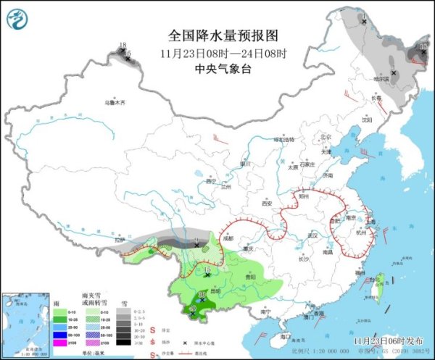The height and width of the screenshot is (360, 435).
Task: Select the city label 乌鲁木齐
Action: pyautogui.click(x=115, y=103)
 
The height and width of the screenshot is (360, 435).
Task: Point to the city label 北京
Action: pyautogui.click(x=326, y=136)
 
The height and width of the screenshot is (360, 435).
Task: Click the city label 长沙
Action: pyautogui.click(x=303, y=259)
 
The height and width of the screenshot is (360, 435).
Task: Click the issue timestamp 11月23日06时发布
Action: pyautogui.click(x=388, y=339)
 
